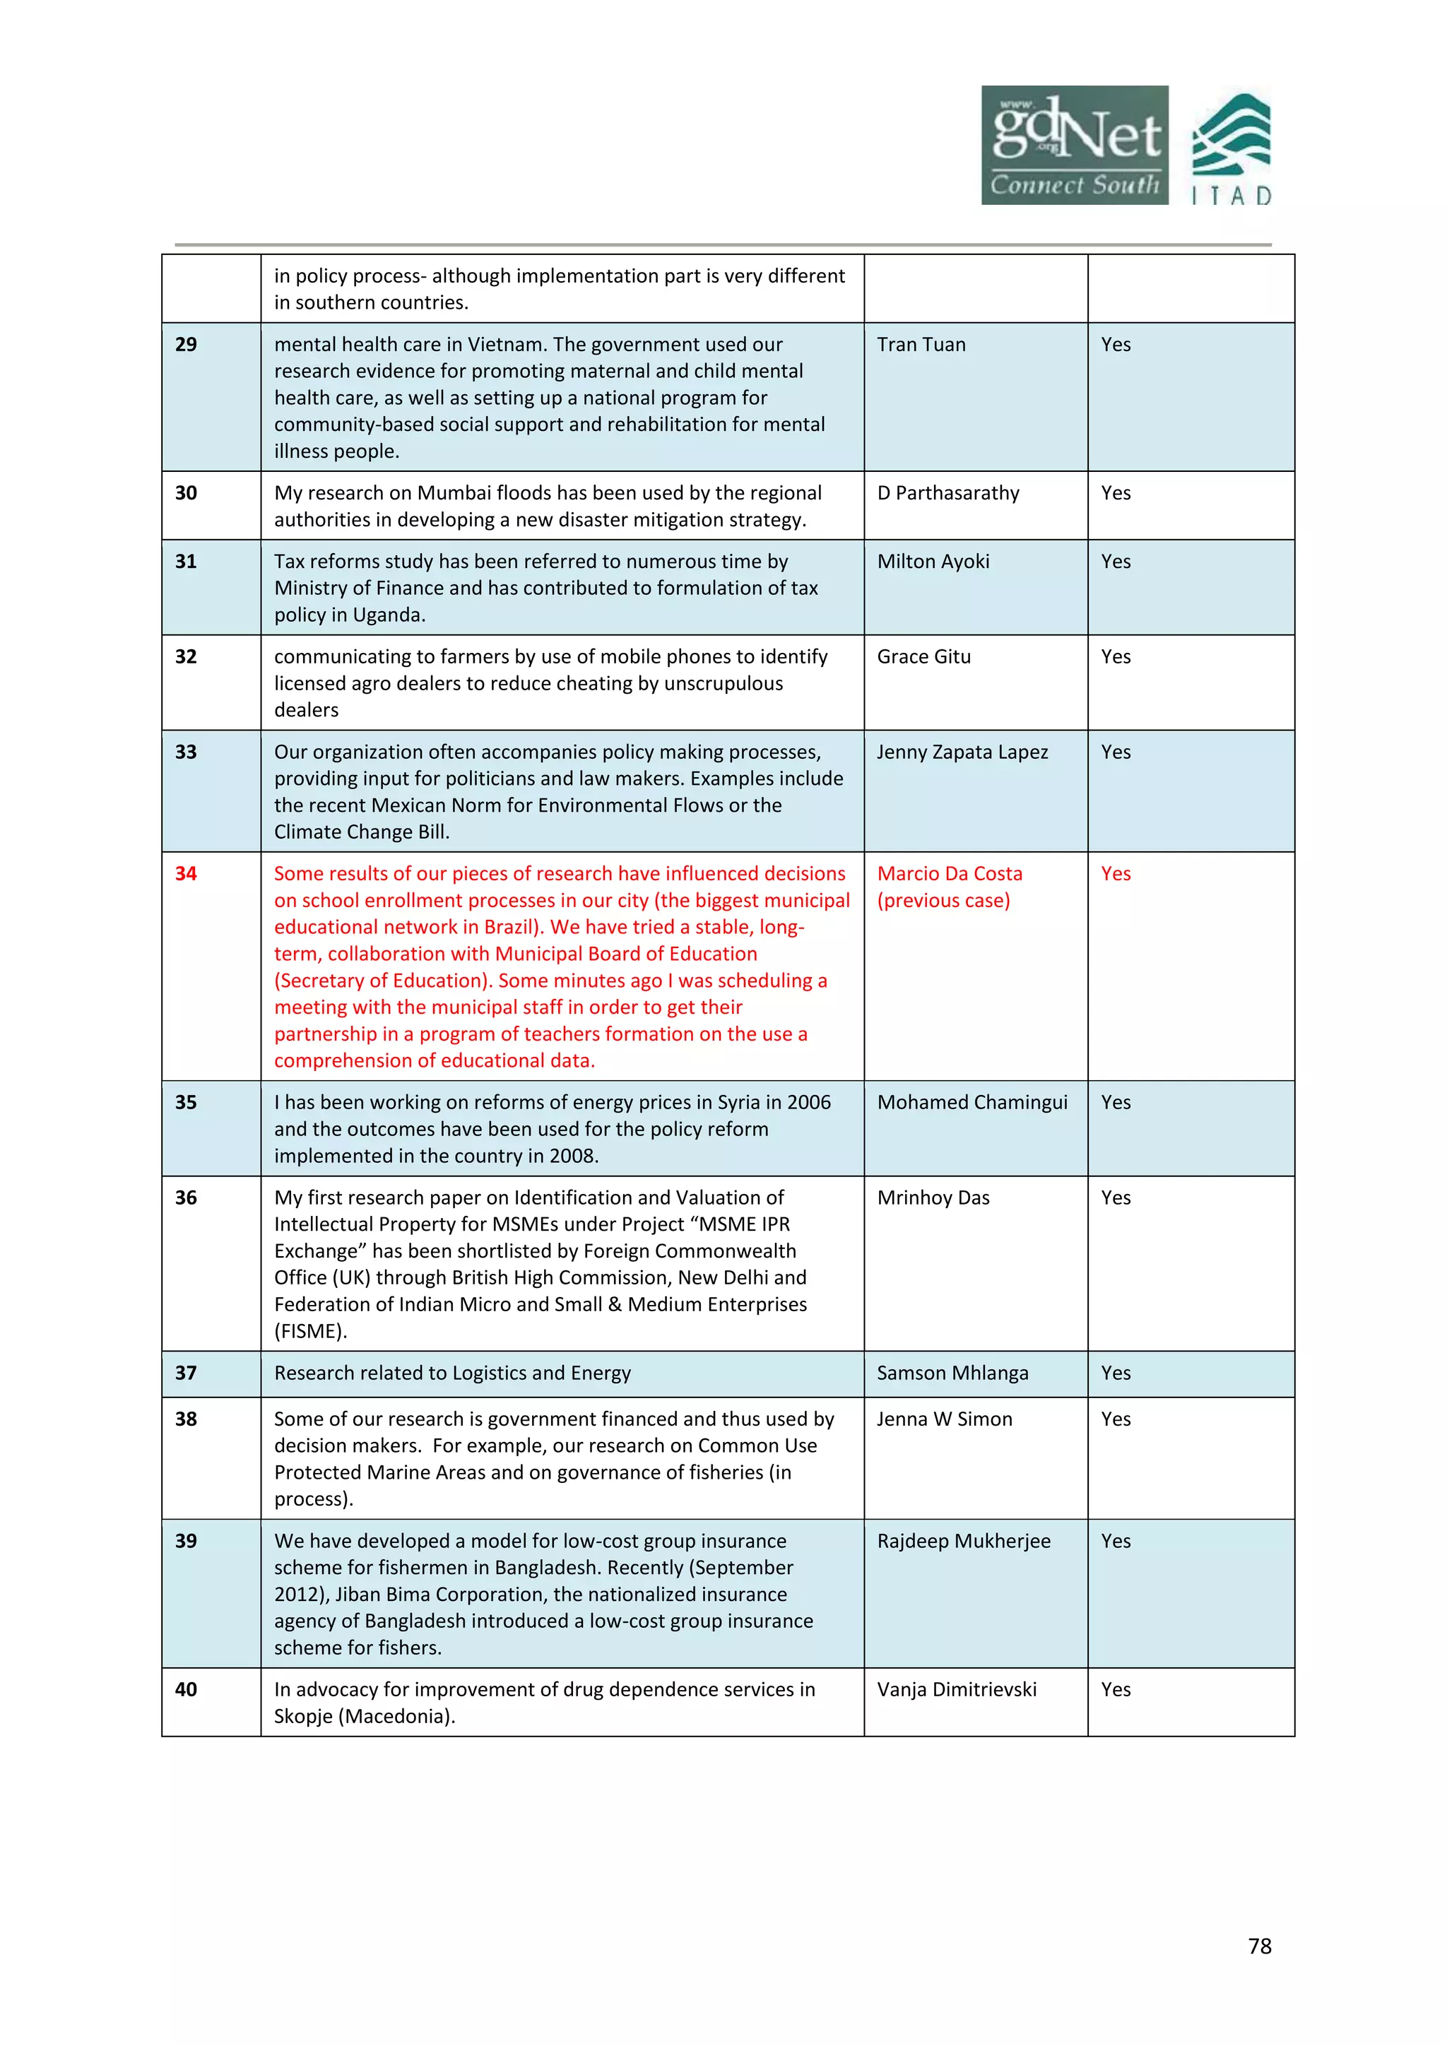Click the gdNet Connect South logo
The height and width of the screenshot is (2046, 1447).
click(1075, 146)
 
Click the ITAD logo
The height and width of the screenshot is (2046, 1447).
click(1232, 149)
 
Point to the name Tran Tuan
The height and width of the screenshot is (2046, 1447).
click(921, 345)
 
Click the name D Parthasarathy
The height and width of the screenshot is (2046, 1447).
click(948, 494)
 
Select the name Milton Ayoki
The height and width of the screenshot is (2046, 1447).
click(933, 562)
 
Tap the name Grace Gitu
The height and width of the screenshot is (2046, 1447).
click(924, 657)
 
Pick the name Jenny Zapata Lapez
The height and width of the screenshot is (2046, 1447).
click(962, 752)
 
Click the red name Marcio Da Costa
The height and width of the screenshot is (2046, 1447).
click(950, 874)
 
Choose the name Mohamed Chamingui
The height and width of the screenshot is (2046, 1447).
click(972, 1102)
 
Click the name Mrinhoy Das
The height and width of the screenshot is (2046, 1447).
click(933, 1198)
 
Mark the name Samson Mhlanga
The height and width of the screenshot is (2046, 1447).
click(952, 1373)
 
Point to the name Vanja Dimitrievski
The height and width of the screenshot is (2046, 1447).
click(957, 1689)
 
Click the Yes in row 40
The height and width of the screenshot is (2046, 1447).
click(1116, 1689)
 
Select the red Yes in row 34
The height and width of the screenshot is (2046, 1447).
click(1116, 874)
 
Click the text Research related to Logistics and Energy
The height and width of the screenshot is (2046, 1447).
click(453, 1373)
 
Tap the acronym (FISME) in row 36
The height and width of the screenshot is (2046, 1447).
click(309, 1331)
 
